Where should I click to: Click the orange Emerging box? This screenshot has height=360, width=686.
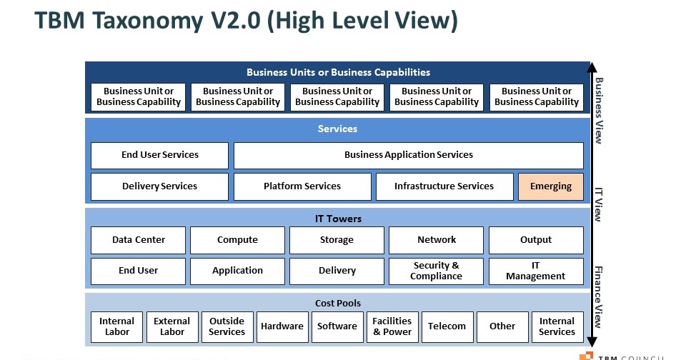pyautogui.click(x=550, y=186)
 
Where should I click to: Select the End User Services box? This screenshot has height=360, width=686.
pyautogui.click(x=159, y=155)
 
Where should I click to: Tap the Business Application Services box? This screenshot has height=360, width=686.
pyautogui.click(x=408, y=155)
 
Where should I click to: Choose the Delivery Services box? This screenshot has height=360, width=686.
pyautogui.click(x=159, y=186)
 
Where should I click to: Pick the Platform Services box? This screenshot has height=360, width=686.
pyautogui.click(x=302, y=186)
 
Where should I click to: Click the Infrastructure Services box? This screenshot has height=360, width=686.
pyautogui.click(x=444, y=186)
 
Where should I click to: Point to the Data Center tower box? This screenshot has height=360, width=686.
pyautogui.click(x=138, y=240)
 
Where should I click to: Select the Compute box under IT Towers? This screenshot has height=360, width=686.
pyautogui.click(x=237, y=240)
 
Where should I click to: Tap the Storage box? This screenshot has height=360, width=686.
pyautogui.click(x=337, y=240)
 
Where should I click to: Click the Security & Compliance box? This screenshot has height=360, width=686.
pyautogui.click(x=436, y=271)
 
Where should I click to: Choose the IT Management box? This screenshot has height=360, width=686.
pyautogui.click(x=535, y=271)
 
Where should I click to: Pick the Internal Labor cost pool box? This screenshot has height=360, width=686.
pyautogui.click(x=117, y=326)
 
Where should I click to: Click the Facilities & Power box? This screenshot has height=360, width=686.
pyautogui.click(x=392, y=326)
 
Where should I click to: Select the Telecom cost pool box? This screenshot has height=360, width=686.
pyautogui.click(x=447, y=326)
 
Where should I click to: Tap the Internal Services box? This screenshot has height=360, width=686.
pyautogui.click(x=557, y=326)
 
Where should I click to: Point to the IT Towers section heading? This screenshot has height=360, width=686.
pyautogui.click(x=337, y=219)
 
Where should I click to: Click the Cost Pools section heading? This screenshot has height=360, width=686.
pyautogui.click(x=337, y=304)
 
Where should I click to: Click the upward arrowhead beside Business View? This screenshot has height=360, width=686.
pyautogui.click(x=591, y=69)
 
